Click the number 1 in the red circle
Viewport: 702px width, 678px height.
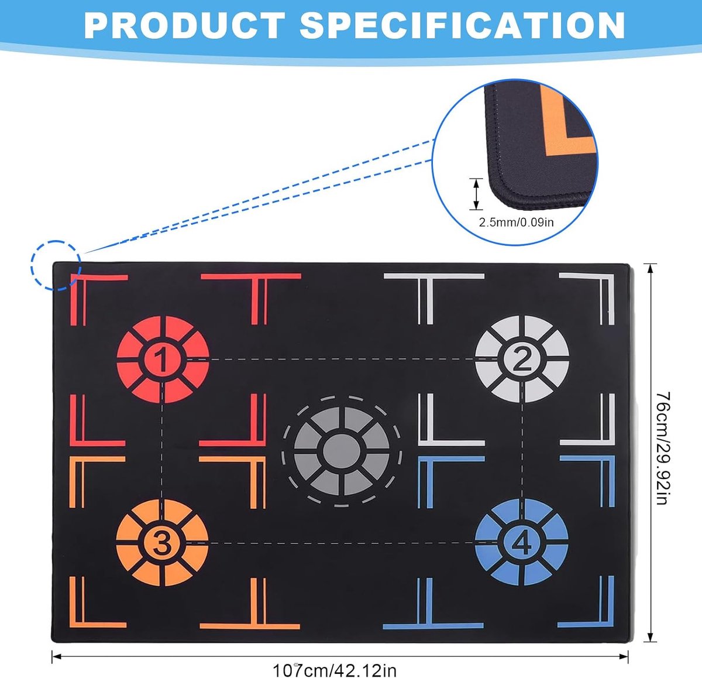coord(161,359)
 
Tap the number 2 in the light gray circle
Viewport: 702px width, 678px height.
coord(522,359)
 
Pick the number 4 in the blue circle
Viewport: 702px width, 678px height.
coord(522,542)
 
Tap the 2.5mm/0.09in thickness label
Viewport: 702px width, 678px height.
coord(516,222)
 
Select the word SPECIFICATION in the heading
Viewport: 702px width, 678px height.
coord(463,26)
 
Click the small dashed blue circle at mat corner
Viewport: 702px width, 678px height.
coord(56,266)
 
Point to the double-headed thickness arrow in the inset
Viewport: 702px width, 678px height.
coord(476,194)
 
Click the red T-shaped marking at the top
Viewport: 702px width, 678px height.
coord(251,299)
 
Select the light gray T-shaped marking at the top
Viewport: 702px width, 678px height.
coord(434,299)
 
